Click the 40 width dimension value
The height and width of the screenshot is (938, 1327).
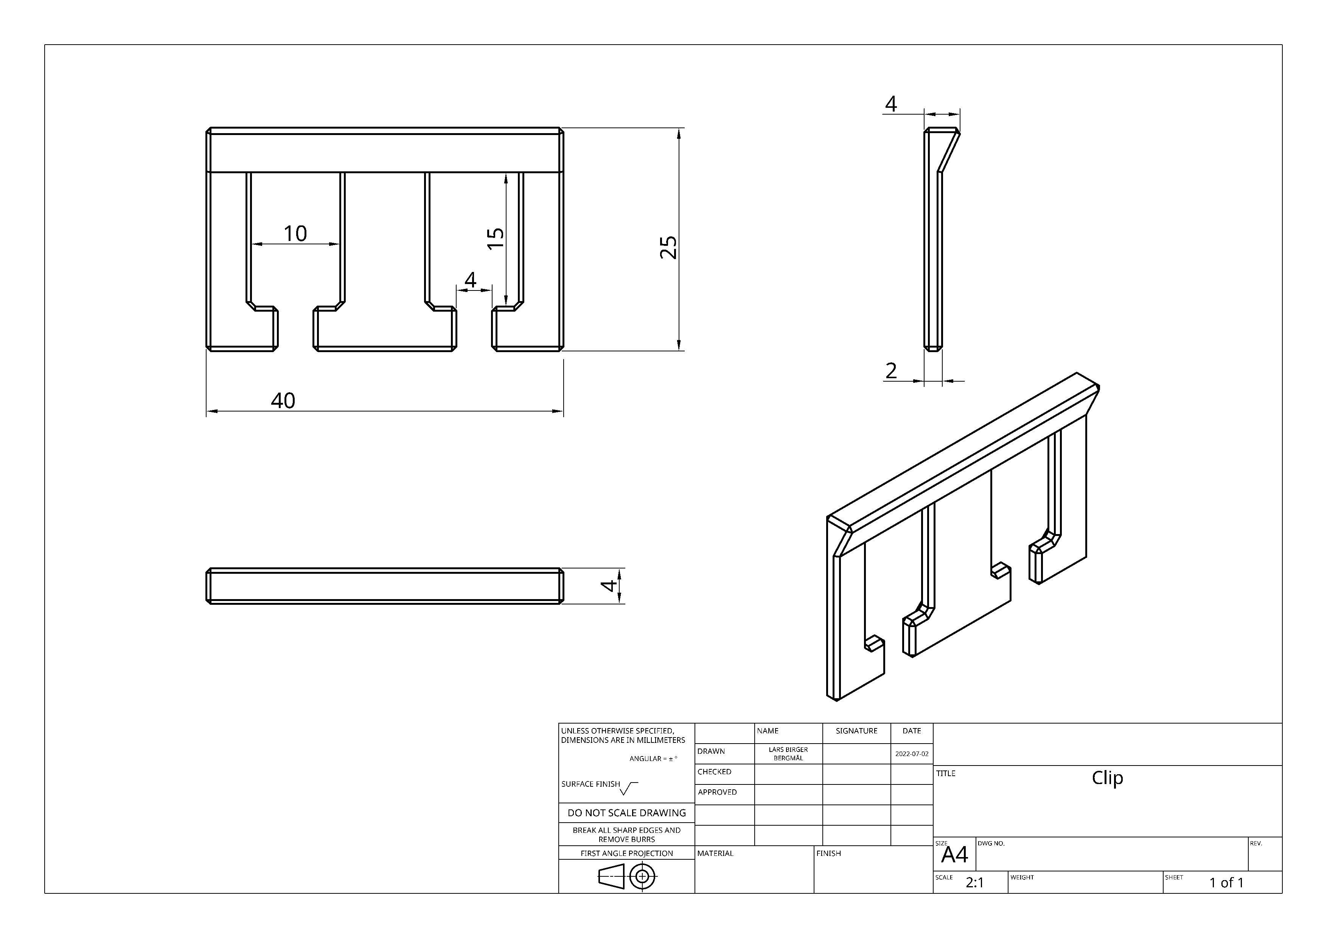(x=283, y=401)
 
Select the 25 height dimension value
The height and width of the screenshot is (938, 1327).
(x=669, y=247)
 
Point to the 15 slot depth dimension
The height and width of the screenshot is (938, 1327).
(x=495, y=238)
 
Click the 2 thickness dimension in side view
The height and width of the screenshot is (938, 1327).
(x=891, y=370)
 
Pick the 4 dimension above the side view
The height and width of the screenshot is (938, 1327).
(x=891, y=104)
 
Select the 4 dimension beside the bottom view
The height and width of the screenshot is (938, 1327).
(x=609, y=586)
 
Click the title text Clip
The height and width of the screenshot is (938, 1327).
(x=1107, y=778)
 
